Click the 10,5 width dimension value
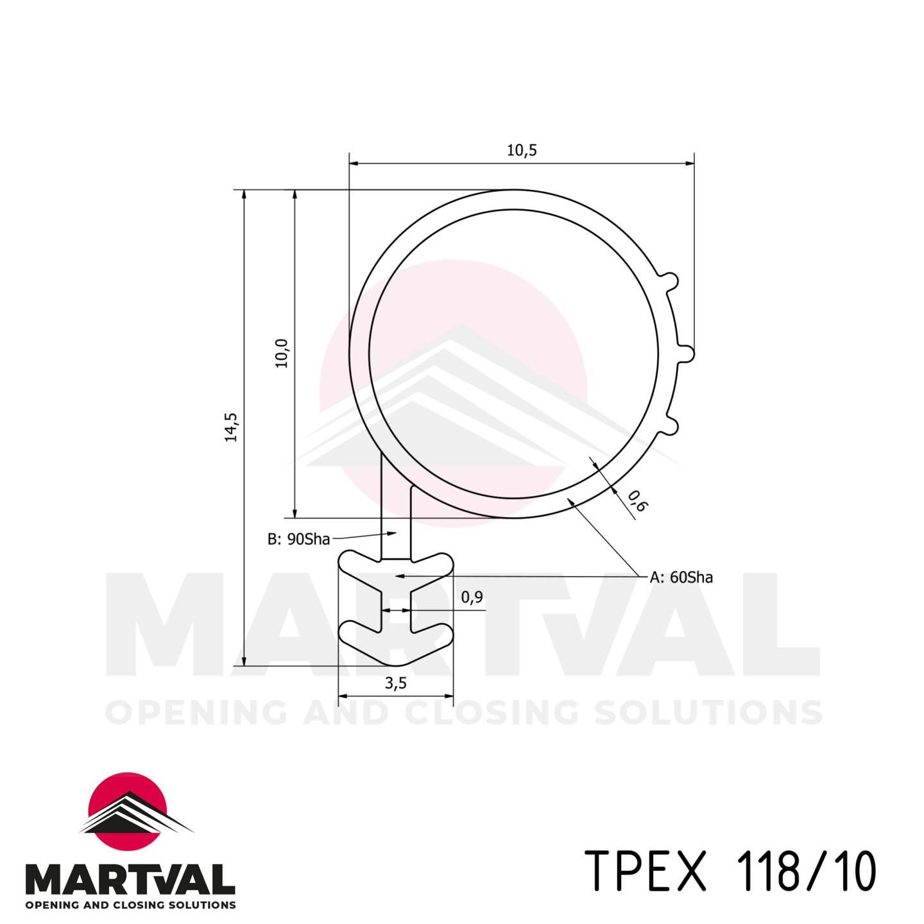[x=521, y=150]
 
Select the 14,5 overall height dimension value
[x=231, y=427]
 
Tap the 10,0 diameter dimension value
[x=282, y=353]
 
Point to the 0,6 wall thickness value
[x=637, y=501]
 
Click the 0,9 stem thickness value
[x=472, y=597]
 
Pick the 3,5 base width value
[x=395, y=683]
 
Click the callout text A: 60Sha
[x=681, y=577]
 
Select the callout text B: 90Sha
[x=298, y=539]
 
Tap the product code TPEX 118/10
[x=730, y=871]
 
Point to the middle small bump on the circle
[x=687, y=354]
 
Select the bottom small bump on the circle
[x=671, y=425]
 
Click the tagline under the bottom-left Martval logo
[x=130, y=905]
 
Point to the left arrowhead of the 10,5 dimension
[x=354, y=163]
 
